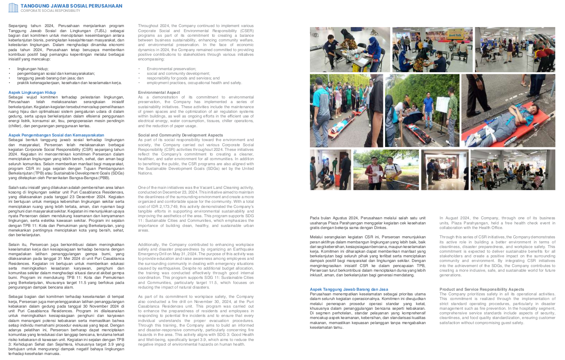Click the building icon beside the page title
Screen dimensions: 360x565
[x=13, y=7]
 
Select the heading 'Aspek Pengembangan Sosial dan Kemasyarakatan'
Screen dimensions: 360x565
[x=56, y=135]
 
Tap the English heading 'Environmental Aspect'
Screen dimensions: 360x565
[x=159, y=92]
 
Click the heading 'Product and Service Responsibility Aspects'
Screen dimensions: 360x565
[x=476, y=289]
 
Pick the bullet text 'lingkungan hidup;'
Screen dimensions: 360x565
[x=33, y=68]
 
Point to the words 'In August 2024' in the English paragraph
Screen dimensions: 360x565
[x=454, y=218]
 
